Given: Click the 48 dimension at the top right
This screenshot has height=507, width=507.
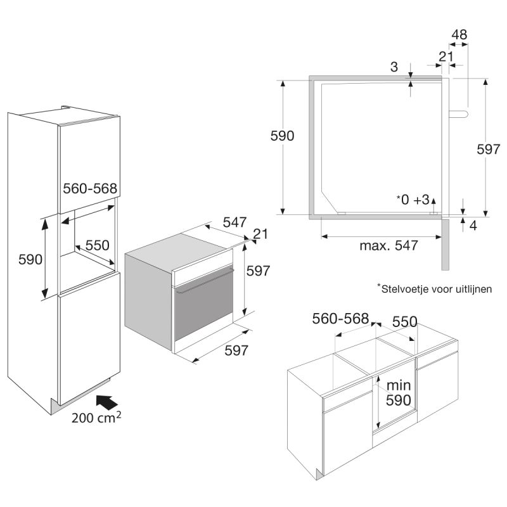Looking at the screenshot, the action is coord(459,35).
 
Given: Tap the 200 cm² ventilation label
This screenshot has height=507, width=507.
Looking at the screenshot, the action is coord(96,418).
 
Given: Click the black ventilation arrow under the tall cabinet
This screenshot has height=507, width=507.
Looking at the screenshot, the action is coord(107,403).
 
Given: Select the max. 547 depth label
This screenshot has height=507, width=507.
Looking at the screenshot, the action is coord(388,246).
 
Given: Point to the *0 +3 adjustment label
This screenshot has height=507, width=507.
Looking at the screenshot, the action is coord(413,200).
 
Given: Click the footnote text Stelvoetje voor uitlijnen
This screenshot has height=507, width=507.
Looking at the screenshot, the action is coord(435,288).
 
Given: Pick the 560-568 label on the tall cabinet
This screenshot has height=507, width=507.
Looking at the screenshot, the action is coord(90,188).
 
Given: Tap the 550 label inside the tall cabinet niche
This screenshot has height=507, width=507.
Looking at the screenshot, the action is coord(98,245).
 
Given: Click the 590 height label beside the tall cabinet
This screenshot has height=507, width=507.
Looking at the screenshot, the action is coord(30,259).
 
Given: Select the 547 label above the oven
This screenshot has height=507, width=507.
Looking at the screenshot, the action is coord(234,222).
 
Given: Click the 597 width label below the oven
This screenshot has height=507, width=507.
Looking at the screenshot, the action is coord(236,350).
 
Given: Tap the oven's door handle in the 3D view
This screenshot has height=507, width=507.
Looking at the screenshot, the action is coord(205,280).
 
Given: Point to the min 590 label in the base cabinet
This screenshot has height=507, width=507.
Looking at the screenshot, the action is coord(399,393).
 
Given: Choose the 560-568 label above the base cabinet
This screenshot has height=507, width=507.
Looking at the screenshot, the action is coord(340,319).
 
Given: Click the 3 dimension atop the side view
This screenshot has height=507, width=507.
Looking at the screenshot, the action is coord(394,67).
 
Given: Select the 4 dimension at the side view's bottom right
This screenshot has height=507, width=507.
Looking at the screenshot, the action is coord(473,226).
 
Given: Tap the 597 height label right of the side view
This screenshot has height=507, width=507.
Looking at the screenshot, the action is coord(488,150).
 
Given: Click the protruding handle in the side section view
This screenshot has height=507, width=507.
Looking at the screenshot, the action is coord(458,114).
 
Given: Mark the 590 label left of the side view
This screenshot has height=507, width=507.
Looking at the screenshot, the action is coord(282,136).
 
